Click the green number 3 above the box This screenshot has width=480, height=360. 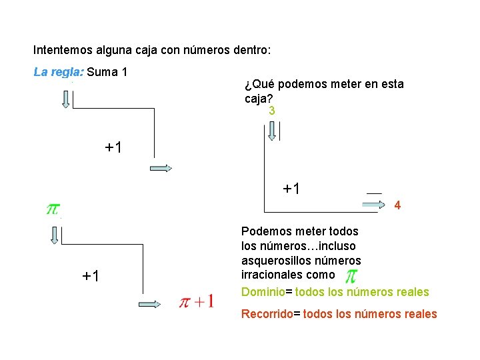[271, 111]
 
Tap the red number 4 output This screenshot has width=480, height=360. [397, 206]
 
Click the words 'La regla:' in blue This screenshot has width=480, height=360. [58, 71]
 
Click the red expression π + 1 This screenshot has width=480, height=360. [196, 302]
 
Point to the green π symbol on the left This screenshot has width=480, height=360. [51, 209]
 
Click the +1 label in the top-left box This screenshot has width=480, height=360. [113, 147]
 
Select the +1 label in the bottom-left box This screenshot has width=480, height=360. [91, 275]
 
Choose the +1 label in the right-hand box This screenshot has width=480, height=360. [291, 189]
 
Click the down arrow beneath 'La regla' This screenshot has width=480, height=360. [65, 99]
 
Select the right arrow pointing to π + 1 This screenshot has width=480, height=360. [150, 304]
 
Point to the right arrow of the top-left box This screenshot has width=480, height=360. [161, 169]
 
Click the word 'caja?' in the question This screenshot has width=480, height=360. [257, 98]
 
